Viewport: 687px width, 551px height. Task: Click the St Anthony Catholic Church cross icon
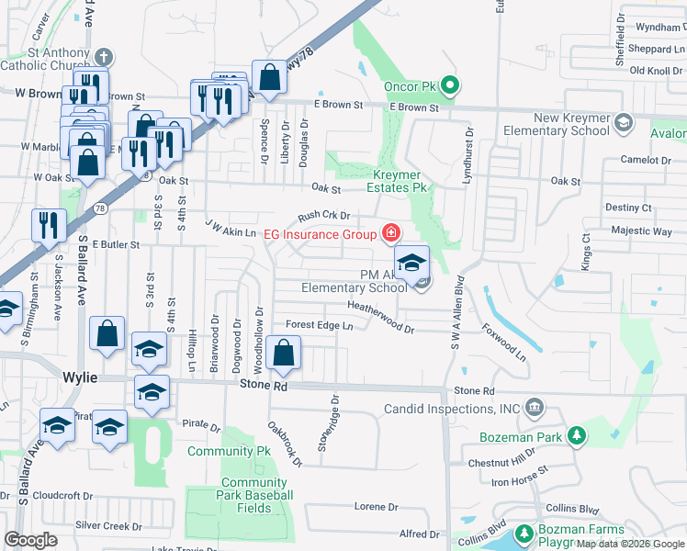click(103, 56)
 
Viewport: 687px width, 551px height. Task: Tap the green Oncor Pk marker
click(449, 87)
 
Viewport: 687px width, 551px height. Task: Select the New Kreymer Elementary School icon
click(624, 122)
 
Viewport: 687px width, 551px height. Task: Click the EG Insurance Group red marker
click(391, 232)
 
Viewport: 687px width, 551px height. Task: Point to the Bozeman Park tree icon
click(576, 434)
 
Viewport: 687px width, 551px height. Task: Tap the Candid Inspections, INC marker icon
click(535, 407)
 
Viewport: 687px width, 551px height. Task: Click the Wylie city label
click(80, 377)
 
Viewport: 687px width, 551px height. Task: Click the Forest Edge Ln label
click(319, 325)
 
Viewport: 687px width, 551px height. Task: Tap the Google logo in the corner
click(31, 540)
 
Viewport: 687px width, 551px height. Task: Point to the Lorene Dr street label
click(377, 506)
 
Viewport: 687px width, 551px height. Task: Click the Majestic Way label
click(641, 231)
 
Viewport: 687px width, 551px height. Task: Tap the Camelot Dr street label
click(646, 160)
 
